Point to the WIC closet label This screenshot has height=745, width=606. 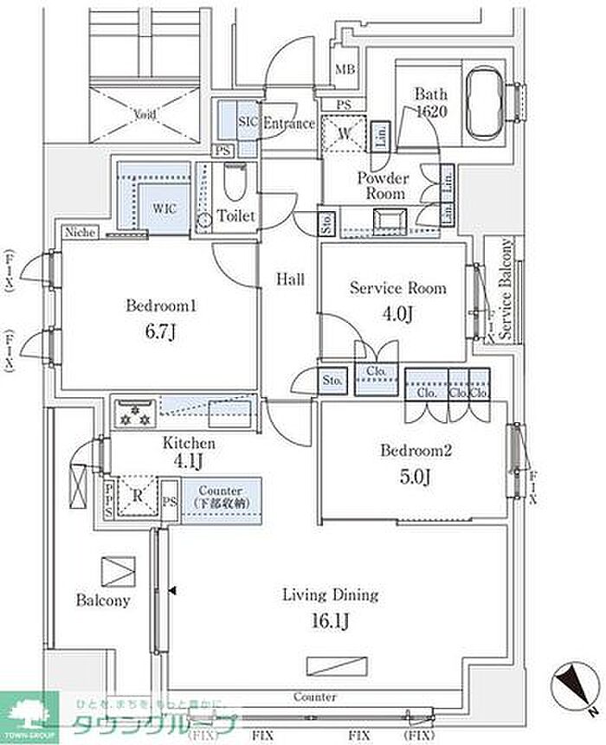[165, 209]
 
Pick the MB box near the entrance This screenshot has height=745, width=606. [345, 70]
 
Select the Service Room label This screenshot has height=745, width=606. [398, 287]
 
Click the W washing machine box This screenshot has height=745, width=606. [345, 135]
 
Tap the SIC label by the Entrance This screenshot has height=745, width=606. [248, 122]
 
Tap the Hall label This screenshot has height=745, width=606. [289, 279]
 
